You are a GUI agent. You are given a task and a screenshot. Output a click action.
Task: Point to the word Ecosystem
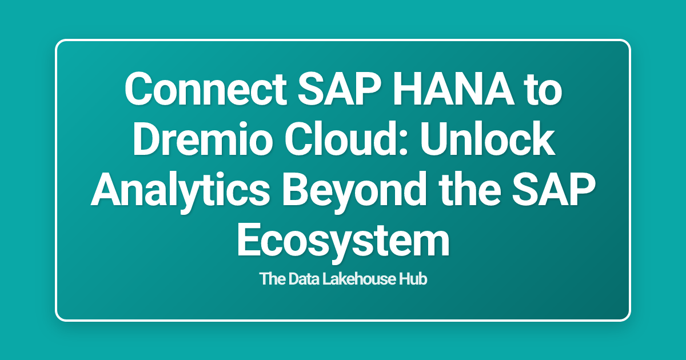(343, 241)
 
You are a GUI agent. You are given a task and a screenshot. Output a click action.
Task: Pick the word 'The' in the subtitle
(270, 280)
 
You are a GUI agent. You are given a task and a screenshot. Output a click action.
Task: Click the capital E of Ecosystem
(249, 241)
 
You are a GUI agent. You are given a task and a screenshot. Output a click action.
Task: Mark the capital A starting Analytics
(105, 191)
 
